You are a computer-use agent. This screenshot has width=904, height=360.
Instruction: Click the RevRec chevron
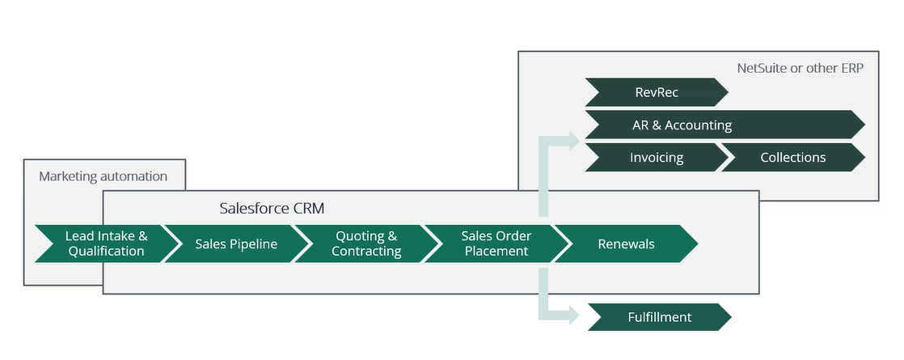[656, 92]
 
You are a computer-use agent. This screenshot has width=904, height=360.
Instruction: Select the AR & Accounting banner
[724, 125]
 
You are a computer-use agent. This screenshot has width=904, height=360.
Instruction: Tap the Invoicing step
[656, 157]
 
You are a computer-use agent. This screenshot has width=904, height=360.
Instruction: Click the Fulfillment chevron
[659, 317]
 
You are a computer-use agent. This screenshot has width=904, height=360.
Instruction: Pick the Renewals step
[626, 244]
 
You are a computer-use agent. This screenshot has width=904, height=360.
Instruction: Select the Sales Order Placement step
[496, 244]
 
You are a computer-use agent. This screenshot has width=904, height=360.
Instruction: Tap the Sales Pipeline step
[236, 244]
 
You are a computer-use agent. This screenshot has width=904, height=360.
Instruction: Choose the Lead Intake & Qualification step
[106, 244]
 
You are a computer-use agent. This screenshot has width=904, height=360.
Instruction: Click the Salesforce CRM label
[272, 208]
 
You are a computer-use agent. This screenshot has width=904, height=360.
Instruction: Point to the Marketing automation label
[103, 176]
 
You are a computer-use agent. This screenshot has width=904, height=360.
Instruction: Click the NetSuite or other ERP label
[800, 67]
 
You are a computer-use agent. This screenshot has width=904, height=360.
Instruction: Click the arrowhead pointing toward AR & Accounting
[572, 140]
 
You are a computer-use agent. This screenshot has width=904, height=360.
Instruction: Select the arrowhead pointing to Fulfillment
[572, 316]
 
